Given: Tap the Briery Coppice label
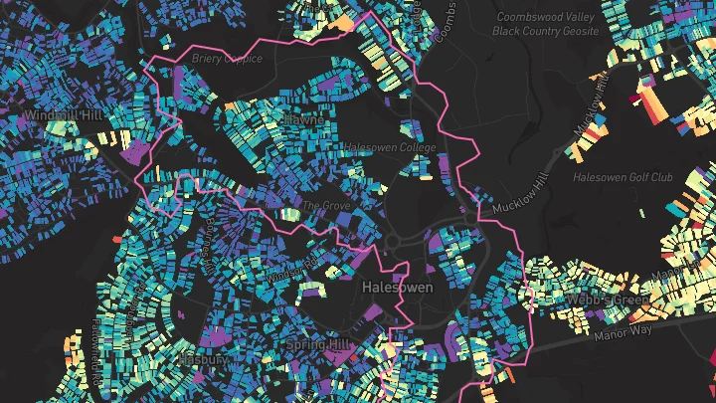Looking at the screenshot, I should point(229,59).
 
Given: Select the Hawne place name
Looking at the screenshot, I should point(304,119).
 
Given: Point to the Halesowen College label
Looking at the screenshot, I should point(390,147).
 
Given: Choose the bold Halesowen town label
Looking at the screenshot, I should point(398,287).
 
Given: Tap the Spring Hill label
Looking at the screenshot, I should point(318,344).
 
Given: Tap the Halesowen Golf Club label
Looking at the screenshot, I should point(624,177).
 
